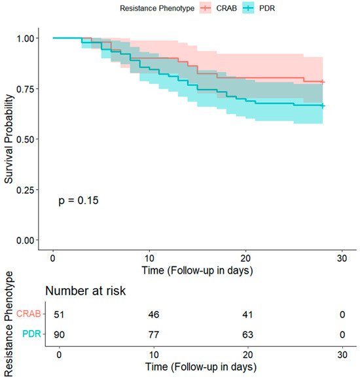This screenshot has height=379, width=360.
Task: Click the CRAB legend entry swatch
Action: tap(206, 8)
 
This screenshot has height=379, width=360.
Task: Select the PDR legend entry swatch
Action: tap(248, 8)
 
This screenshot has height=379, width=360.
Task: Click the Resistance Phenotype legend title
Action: tap(157, 9)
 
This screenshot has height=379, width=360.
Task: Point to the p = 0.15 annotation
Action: tap(79, 200)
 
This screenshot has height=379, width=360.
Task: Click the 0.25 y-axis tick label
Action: tap(25, 190)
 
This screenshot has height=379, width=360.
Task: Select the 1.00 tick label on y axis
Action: tap(25, 39)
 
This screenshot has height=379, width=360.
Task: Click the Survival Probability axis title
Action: tap(9, 139)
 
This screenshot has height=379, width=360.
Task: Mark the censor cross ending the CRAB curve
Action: tap(323, 82)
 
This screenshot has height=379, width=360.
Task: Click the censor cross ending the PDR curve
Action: tap(323, 106)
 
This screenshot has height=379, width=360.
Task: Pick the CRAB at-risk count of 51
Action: tap(59, 314)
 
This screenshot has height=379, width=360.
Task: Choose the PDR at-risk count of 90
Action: tap(59, 334)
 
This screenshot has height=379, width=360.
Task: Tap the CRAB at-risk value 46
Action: tap(154, 314)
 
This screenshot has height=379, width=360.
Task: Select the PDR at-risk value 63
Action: tap(247, 334)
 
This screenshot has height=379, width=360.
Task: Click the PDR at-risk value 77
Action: tap(154, 334)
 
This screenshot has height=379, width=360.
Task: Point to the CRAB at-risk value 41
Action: tap(247, 314)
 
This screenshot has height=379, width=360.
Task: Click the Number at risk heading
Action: tap(86, 291)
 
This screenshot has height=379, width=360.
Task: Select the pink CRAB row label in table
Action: tap(29, 314)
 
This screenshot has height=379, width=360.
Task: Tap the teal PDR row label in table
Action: tap(31, 334)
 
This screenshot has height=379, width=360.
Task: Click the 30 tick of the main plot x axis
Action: tap(342, 259)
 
